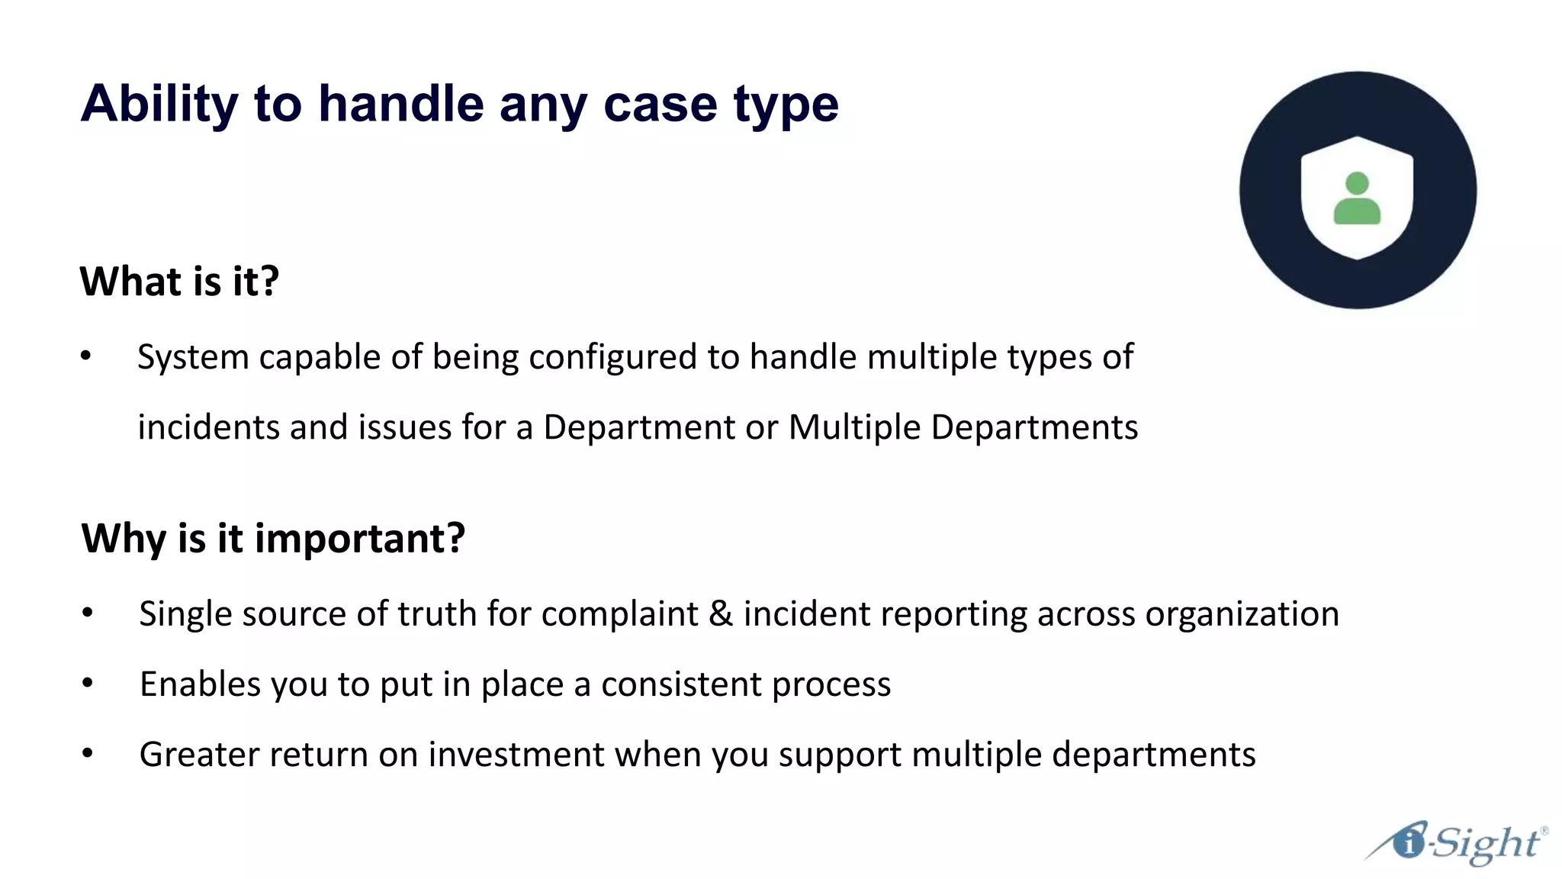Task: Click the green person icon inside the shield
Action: pyautogui.click(x=1357, y=199)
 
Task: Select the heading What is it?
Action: pyautogui.click(x=179, y=282)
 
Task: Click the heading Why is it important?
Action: pyautogui.click(x=273, y=539)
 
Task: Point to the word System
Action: pyautogui.click(x=193, y=357)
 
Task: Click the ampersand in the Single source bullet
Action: pyautogui.click(x=720, y=614)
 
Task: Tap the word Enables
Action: pyautogui.click(x=200, y=684)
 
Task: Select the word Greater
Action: pyautogui.click(x=199, y=755)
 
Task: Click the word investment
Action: pyautogui.click(x=516, y=755)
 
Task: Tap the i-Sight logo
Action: pyautogui.click(x=1457, y=843)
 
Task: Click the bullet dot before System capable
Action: pyautogui.click(x=86, y=356)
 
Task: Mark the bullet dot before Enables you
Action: pyautogui.click(x=88, y=683)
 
